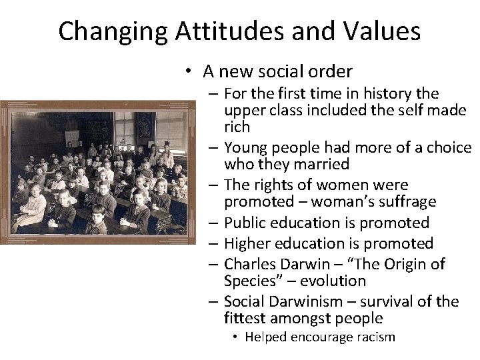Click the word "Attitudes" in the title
(221, 32)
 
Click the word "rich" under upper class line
(237, 127)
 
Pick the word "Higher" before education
(249, 243)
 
